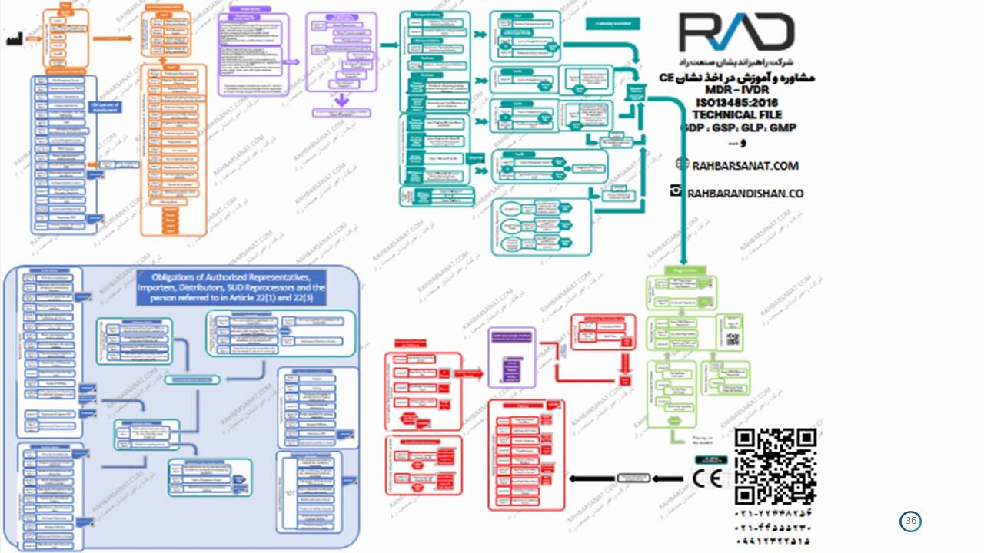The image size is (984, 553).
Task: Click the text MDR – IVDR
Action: [x=736, y=90]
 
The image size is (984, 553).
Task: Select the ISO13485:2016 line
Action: [x=736, y=102]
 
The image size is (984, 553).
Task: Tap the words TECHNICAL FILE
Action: [x=736, y=114]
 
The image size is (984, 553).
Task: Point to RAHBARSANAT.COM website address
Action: [x=745, y=166]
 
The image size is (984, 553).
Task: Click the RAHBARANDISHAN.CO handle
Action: [x=745, y=194]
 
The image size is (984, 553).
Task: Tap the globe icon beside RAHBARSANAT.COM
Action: [x=682, y=164]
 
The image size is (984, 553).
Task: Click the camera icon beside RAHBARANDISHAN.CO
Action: [x=676, y=191]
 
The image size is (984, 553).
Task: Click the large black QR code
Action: [x=775, y=466]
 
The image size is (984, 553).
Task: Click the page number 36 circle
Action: [x=911, y=522]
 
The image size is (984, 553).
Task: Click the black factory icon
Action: [x=14, y=39]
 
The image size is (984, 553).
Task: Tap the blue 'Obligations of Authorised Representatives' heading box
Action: [x=231, y=288]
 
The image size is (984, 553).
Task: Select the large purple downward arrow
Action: [x=342, y=99]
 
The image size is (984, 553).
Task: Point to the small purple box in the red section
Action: [x=512, y=357]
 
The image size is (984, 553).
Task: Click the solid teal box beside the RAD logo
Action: [x=613, y=24]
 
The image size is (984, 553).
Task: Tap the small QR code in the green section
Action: [x=732, y=339]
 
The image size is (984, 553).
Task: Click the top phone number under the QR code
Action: [x=773, y=513]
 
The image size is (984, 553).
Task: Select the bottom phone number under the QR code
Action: [x=773, y=541]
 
